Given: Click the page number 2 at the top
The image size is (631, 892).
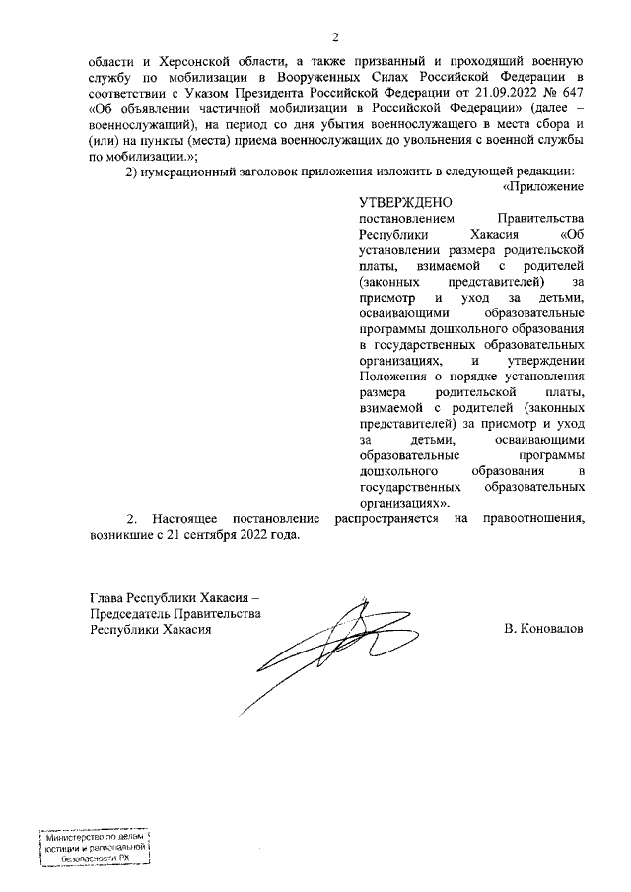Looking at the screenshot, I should (335, 37).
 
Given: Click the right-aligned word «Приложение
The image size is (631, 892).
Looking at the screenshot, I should (545, 186).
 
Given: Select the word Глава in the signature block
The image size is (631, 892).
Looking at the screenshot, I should (108, 598).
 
